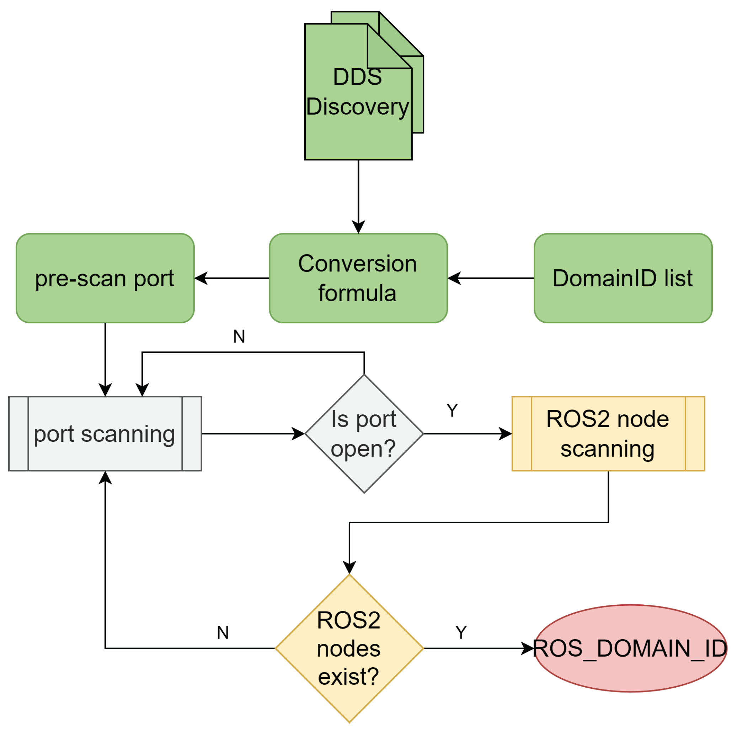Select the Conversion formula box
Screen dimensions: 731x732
coord(358,278)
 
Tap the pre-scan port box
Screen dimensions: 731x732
coord(105,278)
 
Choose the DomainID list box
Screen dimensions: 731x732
coord(623,278)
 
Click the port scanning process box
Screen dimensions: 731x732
coord(105,433)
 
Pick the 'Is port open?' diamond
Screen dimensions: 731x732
coord(364,433)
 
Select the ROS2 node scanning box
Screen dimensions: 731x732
coord(608,433)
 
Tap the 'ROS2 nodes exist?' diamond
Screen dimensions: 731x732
coord(349,648)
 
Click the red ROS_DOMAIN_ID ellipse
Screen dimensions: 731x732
coord(630,648)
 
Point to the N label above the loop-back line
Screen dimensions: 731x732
coord(239,336)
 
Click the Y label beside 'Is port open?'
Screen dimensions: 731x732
coord(452,410)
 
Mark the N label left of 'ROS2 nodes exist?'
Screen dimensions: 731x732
coord(223,632)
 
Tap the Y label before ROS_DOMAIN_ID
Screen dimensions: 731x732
coord(461,632)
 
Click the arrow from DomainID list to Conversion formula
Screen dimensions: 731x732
coord(491,278)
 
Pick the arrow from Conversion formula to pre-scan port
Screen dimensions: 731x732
coord(232,278)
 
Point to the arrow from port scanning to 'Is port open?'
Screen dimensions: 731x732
coord(253,433)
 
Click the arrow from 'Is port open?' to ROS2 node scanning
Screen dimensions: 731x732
coord(467,433)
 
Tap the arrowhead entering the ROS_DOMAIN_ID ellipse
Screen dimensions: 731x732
coord(528,648)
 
